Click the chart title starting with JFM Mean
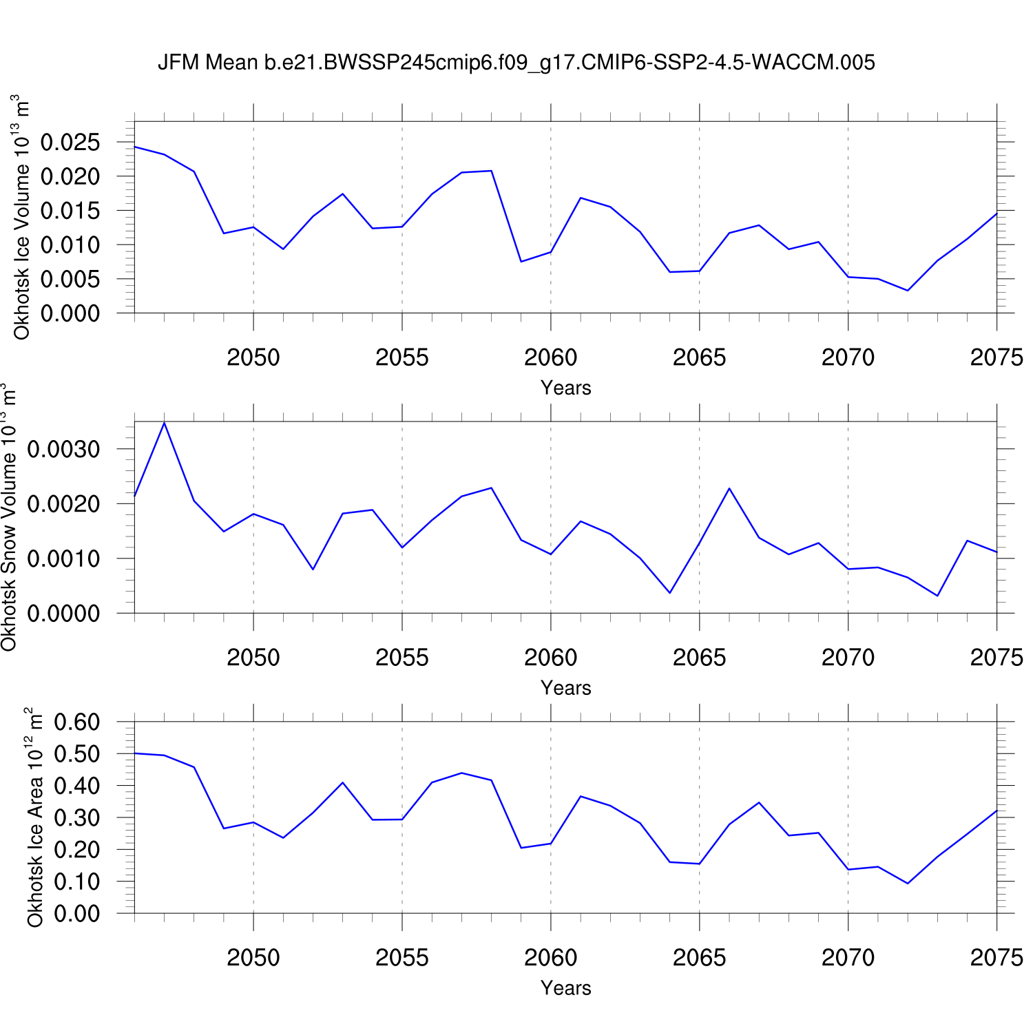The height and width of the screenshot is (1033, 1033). tap(516, 63)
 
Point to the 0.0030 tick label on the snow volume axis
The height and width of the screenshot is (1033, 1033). tap(63, 449)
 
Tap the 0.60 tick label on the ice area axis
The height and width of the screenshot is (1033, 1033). tap(76, 722)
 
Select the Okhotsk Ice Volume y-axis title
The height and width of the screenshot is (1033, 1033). tap(21, 217)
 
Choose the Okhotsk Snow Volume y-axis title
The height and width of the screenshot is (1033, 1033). tap(9, 518)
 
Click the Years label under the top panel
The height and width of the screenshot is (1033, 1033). tap(565, 388)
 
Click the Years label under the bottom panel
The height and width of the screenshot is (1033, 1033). tap(565, 988)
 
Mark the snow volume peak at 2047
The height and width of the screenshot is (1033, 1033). tap(164, 422)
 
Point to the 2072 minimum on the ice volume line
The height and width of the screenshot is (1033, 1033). tap(908, 291)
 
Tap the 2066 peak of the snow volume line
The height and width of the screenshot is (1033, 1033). tap(729, 488)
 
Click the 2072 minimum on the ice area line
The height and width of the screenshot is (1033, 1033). tap(908, 884)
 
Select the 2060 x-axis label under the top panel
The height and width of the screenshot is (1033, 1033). tap(550, 357)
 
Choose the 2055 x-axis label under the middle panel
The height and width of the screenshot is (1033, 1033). tap(402, 658)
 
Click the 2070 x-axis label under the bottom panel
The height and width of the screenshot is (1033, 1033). tap(848, 958)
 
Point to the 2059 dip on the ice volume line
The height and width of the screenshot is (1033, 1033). tap(521, 262)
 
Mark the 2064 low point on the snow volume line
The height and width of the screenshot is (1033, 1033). tap(670, 593)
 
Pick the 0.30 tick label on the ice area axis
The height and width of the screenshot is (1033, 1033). tap(76, 818)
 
